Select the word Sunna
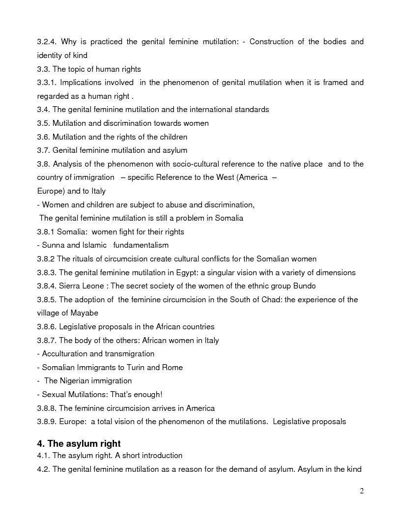click(x=53, y=245)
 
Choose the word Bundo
click(x=305, y=286)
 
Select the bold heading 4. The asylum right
click(x=79, y=444)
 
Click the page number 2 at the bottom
click(x=362, y=491)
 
